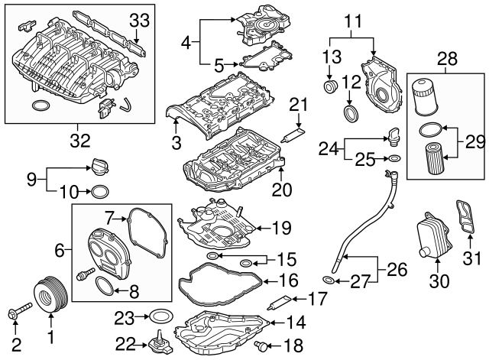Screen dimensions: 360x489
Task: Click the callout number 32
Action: click(x=79, y=140)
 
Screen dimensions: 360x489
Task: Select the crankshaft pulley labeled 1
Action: click(x=48, y=296)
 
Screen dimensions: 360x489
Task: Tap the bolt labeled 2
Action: click(x=18, y=312)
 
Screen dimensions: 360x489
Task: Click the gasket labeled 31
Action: click(x=464, y=222)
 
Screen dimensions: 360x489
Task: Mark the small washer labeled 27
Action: click(x=328, y=281)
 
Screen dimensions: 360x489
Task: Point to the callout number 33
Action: click(x=139, y=18)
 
